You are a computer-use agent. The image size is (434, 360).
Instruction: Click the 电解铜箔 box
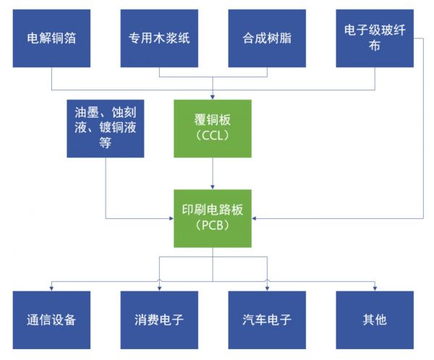[x=52, y=38]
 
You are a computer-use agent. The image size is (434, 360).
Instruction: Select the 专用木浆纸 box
[x=158, y=38]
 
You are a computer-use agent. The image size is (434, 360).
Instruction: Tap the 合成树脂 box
[x=267, y=38]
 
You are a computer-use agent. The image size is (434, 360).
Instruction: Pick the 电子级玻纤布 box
[x=375, y=38]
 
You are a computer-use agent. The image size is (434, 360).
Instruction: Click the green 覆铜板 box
[x=212, y=128]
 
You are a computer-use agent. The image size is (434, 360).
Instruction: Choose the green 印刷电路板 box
[x=212, y=217]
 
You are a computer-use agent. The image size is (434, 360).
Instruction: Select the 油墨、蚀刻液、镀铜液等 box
[x=106, y=128]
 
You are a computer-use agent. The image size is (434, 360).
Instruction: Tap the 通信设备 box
[x=52, y=319]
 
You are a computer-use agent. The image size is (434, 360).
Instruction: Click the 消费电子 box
[x=158, y=319]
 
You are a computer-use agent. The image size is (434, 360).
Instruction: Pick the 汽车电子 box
[x=267, y=319]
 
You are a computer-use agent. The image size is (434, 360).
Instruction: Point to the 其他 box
[x=375, y=319]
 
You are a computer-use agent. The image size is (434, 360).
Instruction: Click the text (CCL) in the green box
[x=212, y=137]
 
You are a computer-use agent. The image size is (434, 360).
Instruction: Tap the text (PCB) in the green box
[x=212, y=226]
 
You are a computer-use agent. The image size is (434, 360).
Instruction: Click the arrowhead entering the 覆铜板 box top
[x=213, y=97]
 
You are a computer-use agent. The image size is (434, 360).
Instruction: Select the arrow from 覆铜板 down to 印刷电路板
[x=213, y=173]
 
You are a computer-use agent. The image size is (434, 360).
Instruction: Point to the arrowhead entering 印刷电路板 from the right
[x=254, y=218]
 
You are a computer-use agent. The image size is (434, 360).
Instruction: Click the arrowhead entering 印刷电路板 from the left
[x=171, y=218]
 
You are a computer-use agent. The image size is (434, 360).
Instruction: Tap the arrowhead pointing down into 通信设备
[x=52, y=288]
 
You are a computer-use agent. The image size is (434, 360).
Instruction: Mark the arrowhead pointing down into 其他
[x=375, y=288]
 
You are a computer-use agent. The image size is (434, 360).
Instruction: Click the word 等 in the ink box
[x=106, y=145]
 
